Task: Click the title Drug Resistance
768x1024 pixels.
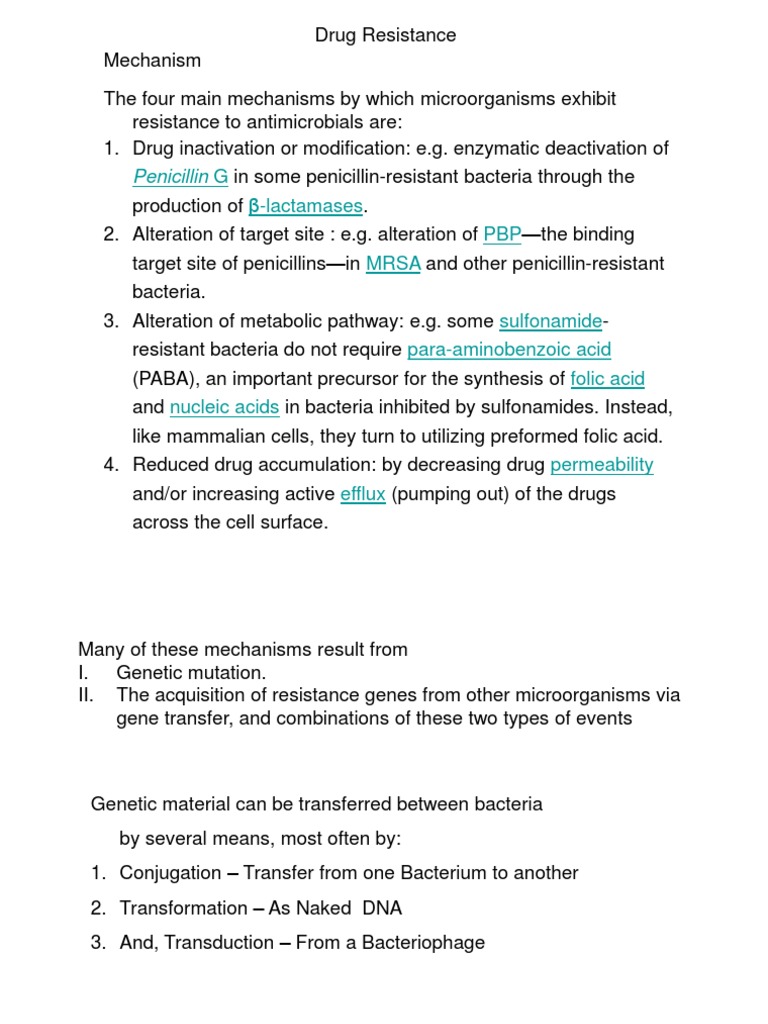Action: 385,35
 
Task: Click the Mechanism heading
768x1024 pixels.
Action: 152,60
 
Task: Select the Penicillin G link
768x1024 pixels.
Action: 180,177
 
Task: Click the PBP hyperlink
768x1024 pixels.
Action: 502,235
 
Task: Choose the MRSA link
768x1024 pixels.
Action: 393,264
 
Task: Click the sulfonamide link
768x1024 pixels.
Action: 550,321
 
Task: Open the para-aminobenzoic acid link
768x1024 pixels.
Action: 509,350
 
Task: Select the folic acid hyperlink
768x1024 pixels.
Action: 607,379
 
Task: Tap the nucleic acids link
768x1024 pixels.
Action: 224,407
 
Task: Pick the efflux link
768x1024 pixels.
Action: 362,494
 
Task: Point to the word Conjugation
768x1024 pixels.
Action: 170,873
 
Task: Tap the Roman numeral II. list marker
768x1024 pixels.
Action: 86,694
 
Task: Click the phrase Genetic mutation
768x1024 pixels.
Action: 191,673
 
